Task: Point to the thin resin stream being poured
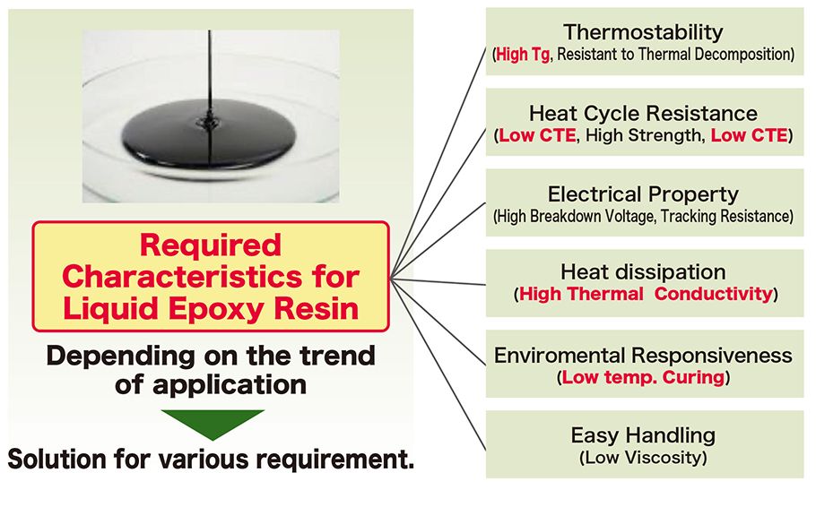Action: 211,63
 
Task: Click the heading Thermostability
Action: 644,33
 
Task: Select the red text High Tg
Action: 525,55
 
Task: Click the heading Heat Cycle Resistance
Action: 644,114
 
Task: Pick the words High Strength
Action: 658,136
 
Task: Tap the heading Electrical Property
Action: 644,194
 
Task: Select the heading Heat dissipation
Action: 644,272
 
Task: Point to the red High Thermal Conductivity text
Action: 646,294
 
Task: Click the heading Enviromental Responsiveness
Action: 644,356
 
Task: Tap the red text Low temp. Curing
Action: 643,377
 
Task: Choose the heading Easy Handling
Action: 644,436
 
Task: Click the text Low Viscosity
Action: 644,458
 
